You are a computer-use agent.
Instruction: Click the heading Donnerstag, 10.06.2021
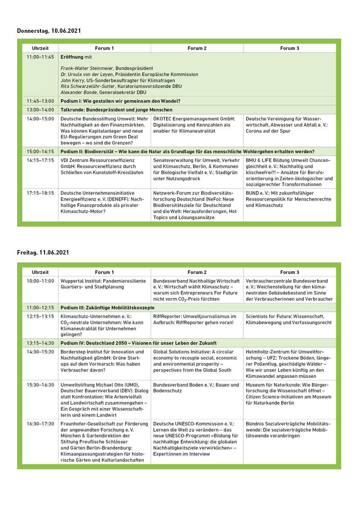[x=49, y=31]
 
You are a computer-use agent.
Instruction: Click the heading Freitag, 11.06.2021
[x=43, y=253]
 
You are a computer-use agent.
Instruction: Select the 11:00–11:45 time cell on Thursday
[x=40, y=57]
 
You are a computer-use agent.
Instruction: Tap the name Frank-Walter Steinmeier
[x=87, y=68]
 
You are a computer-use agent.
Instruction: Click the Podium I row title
[x=120, y=101]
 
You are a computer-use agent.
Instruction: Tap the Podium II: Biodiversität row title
[x=187, y=152]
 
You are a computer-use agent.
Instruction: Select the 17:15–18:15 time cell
[x=40, y=193]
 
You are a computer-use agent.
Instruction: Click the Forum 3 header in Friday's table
[x=289, y=272]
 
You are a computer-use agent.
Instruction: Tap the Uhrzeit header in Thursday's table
[x=40, y=48]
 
